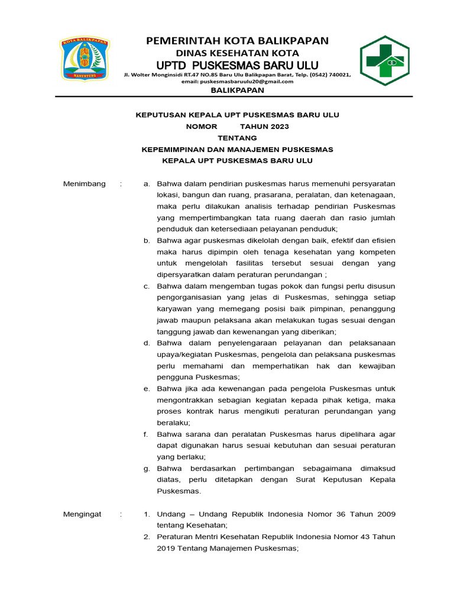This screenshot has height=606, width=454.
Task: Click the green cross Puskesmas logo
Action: [x=384, y=60]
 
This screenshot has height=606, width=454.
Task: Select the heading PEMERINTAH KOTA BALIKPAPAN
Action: [x=237, y=40]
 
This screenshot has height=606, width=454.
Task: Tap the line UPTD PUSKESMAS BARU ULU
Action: [x=237, y=65]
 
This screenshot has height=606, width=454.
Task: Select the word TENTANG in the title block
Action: [x=237, y=138]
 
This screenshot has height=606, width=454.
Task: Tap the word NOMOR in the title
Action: [x=202, y=127]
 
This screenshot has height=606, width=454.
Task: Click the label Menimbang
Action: [x=85, y=183]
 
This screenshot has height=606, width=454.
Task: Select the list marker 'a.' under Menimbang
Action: [x=147, y=183]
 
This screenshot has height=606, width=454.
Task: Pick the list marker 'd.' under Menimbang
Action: [x=147, y=343]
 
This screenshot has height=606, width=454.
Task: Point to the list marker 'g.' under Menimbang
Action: [x=147, y=468]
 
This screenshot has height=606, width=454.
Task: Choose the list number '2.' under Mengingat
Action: [x=147, y=537]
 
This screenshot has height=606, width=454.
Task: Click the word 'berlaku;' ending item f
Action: [x=189, y=457]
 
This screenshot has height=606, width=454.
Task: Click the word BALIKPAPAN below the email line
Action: [x=237, y=91]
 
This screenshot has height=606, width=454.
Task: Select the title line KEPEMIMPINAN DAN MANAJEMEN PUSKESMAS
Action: [x=237, y=149]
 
